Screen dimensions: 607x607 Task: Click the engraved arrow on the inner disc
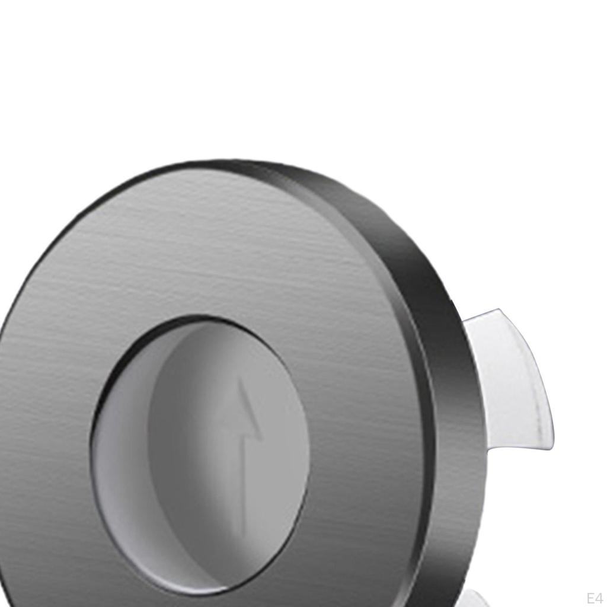tap(243, 451)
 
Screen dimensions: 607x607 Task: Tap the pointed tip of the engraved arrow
tap(241, 381)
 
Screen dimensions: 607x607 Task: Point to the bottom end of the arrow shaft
tap(243, 533)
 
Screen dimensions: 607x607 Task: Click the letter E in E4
tap(590, 597)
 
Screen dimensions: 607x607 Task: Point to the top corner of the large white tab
tap(500, 310)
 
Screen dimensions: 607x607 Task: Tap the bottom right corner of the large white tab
tap(551, 447)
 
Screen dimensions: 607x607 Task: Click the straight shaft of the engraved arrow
tap(243, 486)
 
